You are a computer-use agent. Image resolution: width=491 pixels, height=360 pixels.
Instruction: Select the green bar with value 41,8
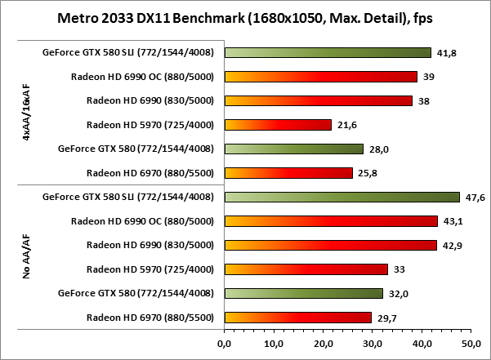(x=328, y=52)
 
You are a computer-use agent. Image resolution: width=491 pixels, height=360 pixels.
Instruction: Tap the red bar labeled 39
(x=320, y=77)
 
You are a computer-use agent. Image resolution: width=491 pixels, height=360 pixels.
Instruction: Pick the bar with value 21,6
(x=278, y=125)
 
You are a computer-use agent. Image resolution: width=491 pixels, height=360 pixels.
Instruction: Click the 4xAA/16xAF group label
(x=28, y=113)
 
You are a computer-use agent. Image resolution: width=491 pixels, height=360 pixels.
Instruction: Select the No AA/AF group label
(x=28, y=257)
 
